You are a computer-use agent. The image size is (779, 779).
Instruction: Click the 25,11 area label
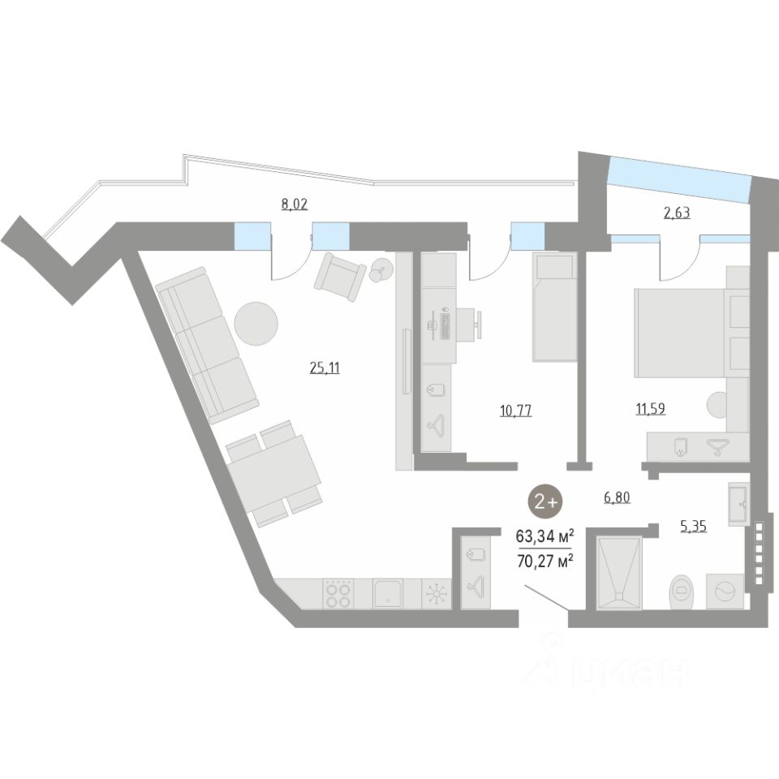(x=325, y=368)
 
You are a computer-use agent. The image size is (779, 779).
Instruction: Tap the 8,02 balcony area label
(x=295, y=204)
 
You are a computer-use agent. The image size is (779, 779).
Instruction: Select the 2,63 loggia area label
(x=677, y=215)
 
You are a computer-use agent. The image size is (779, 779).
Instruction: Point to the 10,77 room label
(x=515, y=410)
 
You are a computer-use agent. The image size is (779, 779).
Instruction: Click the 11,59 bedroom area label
(x=650, y=408)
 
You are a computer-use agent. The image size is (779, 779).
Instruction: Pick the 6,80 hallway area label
(x=618, y=497)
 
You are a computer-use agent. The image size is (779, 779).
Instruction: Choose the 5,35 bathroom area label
(x=693, y=526)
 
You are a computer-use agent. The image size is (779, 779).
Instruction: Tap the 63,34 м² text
(x=545, y=536)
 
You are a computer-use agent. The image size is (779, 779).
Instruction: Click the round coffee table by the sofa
(x=256, y=323)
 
